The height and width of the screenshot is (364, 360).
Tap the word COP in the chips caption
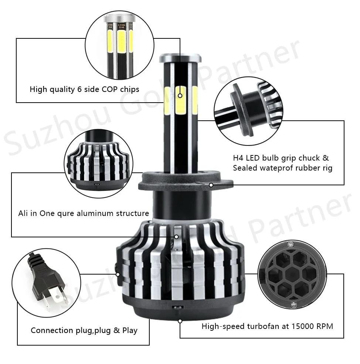(x=109, y=89)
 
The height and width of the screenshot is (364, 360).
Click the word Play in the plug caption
(x=130, y=330)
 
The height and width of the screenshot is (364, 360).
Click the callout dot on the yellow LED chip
(x=180, y=96)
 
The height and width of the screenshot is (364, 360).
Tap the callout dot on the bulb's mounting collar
(x=211, y=185)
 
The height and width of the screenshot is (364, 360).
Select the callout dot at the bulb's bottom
(x=180, y=321)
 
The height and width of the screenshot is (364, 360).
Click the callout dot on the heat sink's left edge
(x=118, y=274)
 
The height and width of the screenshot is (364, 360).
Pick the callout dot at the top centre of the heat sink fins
(x=176, y=237)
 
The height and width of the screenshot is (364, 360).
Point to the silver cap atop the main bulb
(x=180, y=58)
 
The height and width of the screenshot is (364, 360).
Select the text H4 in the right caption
(x=238, y=158)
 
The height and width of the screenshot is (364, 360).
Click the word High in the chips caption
(x=38, y=89)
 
